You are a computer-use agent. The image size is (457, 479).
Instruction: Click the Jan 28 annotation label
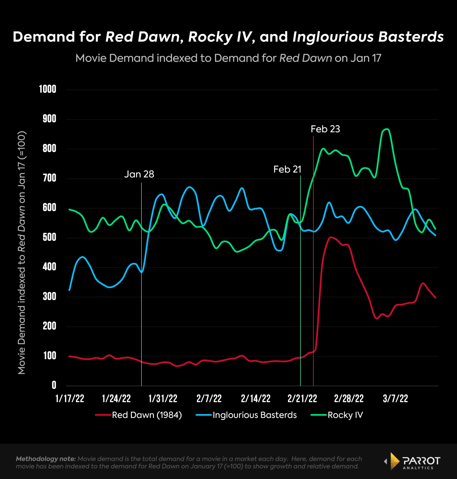139,174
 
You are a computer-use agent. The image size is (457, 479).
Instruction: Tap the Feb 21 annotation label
287,169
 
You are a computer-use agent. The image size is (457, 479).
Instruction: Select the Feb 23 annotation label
325,129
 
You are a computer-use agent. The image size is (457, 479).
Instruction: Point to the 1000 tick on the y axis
48,90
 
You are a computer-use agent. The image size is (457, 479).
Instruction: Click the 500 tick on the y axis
49,237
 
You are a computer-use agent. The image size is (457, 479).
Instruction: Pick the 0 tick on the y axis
54,385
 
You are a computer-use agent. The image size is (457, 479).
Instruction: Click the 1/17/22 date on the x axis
70,399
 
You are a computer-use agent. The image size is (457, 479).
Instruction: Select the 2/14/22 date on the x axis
256,399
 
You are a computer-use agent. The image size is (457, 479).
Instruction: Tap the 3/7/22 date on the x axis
395,399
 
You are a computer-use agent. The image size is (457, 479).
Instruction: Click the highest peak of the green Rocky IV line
386,129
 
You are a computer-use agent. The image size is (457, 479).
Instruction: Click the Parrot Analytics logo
413,461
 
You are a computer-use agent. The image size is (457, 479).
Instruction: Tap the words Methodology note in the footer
46,459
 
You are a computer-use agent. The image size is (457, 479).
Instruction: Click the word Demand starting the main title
44,37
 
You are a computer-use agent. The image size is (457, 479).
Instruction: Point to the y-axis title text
21,253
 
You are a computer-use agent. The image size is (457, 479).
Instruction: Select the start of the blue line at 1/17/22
69,290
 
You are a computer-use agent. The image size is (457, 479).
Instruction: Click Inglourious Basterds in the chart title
368,37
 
